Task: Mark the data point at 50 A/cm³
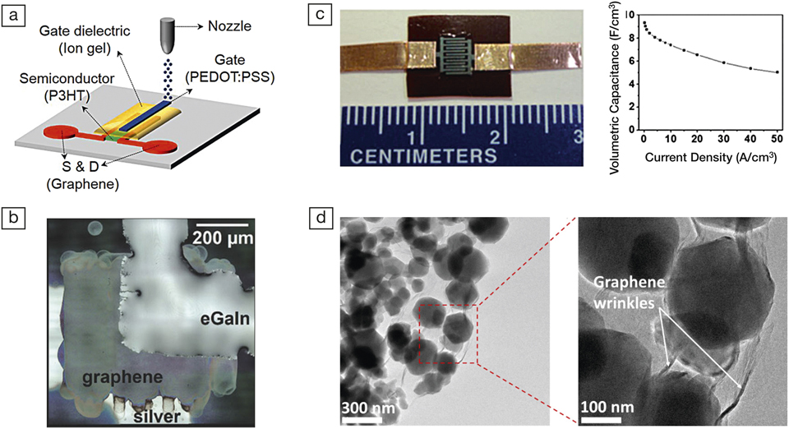(x=777, y=72)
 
